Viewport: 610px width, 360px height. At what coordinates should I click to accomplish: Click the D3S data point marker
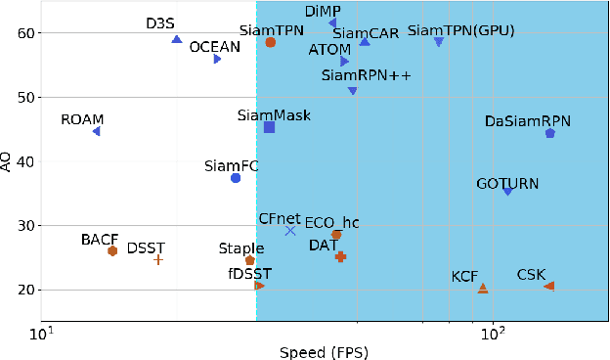click(x=177, y=39)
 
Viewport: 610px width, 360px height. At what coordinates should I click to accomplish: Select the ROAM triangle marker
click(x=96, y=131)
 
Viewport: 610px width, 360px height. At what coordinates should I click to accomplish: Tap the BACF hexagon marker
click(x=112, y=251)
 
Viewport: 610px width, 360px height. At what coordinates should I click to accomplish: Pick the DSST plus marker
click(x=158, y=260)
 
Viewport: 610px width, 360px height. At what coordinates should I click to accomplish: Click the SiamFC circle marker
click(x=236, y=178)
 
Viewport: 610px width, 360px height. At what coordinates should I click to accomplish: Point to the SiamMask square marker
click(x=269, y=127)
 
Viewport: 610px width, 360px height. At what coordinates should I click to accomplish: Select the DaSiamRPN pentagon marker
click(x=550, y=133)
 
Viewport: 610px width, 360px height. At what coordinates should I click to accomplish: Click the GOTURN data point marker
click(x=507, y=191)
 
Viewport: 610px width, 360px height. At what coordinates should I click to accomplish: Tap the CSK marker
click(x=549, y=286)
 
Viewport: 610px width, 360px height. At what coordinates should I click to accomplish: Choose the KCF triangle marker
click(x=483, y=288)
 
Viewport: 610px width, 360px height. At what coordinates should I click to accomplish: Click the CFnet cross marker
click(x=290, y=230)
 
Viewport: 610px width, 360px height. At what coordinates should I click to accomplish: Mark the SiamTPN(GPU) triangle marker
click(x=439, y=42)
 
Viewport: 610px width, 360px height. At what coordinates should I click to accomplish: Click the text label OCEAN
click(x=214, y=46)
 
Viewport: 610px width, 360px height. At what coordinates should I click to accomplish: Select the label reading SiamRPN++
click(x=352, y=75)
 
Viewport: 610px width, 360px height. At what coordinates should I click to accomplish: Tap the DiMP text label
click(x=324, y=11)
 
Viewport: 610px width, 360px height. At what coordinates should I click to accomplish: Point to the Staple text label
click(x=241, y=248)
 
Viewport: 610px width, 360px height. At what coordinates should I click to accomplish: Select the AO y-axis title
click(x=9, y=161)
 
